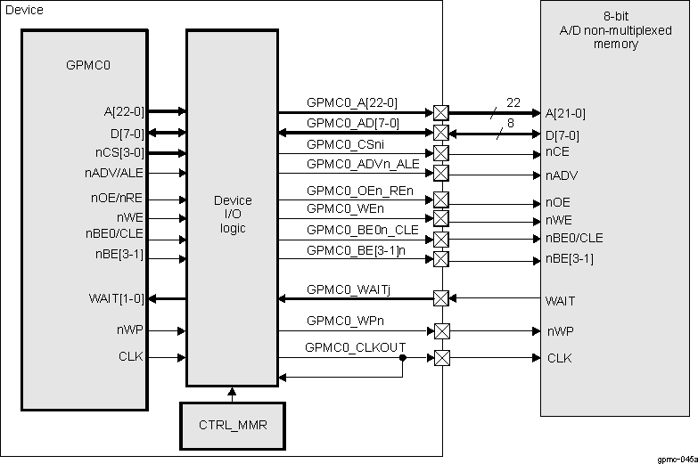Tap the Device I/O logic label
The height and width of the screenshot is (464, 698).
pyautogui.click(x=233, y=214)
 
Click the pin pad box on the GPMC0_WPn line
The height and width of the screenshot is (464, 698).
pyautogui.click(x=440, y=330)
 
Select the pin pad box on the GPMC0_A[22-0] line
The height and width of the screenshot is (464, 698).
pyautogui.click(x=440, y=113)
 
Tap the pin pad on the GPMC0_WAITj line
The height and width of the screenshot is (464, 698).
pyautogui.click(x=440, y=298)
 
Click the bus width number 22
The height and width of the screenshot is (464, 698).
pyautogui.click(x=513, y=102)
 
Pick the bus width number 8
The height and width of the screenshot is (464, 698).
pyautogui.click(x=510, y=124)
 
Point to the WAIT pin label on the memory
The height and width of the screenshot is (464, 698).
pyautogui.click(x=560, y=301)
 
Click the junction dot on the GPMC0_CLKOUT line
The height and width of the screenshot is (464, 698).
pyautogui.click(x=403, y=358)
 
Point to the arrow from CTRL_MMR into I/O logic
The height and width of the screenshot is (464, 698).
pyautogui.click(x=232, y=393)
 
